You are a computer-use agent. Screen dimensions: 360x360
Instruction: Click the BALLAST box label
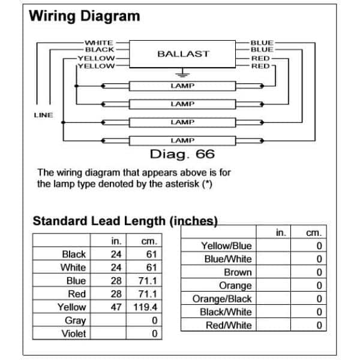point(183,54)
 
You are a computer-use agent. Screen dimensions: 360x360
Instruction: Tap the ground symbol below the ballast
point(182,73)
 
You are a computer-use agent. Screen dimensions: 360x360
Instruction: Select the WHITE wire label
point(99,43)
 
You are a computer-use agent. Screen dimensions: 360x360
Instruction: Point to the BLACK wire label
point(100,49)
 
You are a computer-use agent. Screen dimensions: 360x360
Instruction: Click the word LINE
point(43,115)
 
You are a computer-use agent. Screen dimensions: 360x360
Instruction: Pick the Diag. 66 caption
point(182,154)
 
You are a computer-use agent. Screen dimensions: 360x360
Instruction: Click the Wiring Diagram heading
point(85,16)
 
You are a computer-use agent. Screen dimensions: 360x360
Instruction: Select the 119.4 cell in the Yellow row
point(145,307)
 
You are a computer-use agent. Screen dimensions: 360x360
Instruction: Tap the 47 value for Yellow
point(116,307)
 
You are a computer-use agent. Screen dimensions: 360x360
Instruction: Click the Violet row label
point(74,334)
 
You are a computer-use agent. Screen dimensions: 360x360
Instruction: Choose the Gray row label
point(76,320)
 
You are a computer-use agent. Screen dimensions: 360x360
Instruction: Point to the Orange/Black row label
point(222,299)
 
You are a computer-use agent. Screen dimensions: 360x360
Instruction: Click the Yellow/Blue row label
point(226,246)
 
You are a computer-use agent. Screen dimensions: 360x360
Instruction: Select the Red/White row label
point(229,325)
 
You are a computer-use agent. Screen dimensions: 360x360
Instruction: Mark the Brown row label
point(238,272)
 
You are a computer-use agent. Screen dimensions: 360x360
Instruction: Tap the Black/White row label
point(226,312)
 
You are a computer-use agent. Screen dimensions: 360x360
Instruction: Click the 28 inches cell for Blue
point(116,281)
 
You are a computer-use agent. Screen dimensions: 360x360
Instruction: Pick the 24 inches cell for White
point(116,268)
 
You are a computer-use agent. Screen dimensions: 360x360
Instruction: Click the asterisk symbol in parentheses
point(207,183)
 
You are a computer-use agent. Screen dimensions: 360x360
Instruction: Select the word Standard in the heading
point(60,221)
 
